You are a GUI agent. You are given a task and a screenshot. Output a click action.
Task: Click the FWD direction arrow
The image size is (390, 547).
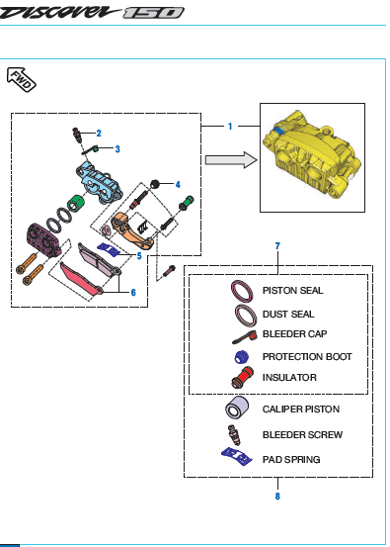tap(22, 79)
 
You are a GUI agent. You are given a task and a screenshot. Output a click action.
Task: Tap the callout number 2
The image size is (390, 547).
tap(99, 133)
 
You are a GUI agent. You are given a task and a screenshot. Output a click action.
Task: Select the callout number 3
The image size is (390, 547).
tap(117, 149)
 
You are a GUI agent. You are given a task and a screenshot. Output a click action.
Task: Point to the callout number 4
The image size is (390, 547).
tap(178, 185)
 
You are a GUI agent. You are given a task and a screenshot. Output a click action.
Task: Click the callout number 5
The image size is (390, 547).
tap(139, 256)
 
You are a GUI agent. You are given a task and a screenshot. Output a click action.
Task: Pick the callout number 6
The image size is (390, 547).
tap(133, 293)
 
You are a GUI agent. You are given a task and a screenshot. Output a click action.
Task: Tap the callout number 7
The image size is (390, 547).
tap(277, 246)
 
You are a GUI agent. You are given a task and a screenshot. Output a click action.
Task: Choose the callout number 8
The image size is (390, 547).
tap(277, 497)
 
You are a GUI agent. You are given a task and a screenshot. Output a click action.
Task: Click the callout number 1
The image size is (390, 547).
tap(230, 127)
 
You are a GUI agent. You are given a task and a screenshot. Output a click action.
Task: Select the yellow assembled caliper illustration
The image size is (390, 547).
tap(312, 157)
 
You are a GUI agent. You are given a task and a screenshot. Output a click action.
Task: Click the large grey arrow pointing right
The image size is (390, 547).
tap(231, 160)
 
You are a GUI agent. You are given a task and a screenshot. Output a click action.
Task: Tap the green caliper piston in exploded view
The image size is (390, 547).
tap(76, 204)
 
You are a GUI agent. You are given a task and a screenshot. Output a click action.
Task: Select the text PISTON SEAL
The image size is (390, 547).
tap(293, 290)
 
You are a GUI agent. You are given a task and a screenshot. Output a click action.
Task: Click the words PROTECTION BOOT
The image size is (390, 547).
tap(307, 357)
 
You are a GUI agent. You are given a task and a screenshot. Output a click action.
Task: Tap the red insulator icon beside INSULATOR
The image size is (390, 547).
tap(243, 378)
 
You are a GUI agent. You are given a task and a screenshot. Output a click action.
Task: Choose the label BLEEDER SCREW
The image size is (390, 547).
tap(302, 434)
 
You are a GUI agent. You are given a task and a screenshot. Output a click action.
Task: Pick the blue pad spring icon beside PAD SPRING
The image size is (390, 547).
tap(237, 456)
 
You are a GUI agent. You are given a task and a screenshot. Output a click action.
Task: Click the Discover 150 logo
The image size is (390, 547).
tap(92, 12)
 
